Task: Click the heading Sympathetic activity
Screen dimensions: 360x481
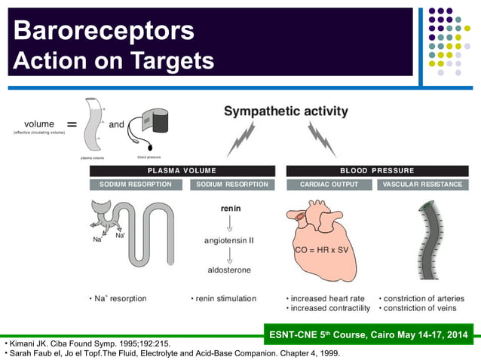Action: [x=286, y=111]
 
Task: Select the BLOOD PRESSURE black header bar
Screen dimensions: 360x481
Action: [x=377, y=171]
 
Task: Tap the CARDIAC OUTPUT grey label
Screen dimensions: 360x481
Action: [x=329, y=185]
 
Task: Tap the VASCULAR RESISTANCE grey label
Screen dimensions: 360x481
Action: [x=422, y=185]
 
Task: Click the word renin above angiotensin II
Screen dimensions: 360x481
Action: [x=230, y=207]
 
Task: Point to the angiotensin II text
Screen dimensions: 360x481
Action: [x=230, y=240]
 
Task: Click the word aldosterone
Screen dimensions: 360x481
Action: [x=230, y=270]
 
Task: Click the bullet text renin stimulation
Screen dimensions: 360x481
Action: [x=223, y=299]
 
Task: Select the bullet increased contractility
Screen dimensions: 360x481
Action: [x=329, y=309]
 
